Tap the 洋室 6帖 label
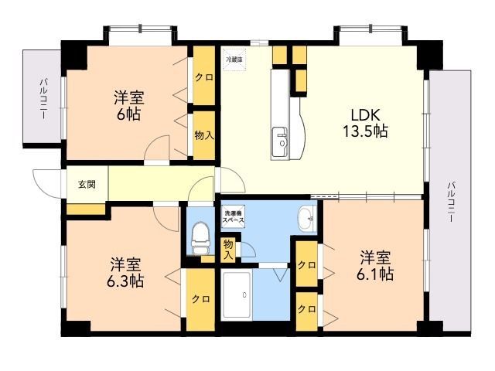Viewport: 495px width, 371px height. (x=128, y=106)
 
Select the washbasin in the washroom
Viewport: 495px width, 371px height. (x=307, y=220)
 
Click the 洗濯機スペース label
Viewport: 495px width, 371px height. (x=234, y=216)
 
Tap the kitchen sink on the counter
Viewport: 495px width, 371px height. (x=281, y=142)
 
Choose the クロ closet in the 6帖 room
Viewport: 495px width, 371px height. (x=203, y=77)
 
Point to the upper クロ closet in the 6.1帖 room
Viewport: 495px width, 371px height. (x=307, y=265)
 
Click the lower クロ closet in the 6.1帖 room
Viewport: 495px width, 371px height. (x=307, y=308)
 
